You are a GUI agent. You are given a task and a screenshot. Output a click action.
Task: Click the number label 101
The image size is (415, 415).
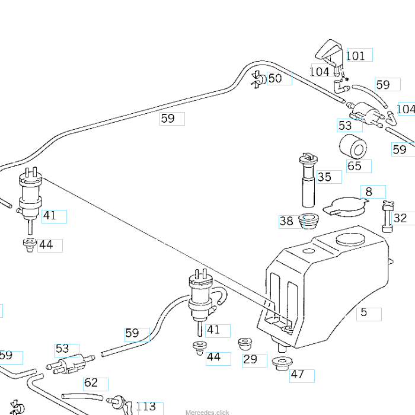click(356, 56)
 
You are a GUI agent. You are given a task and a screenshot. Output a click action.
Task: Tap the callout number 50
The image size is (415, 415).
click(275, 78)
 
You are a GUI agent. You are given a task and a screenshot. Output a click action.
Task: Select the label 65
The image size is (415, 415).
click(355, 166)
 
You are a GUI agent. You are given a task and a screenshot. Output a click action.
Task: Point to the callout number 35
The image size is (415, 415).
click(324, 177)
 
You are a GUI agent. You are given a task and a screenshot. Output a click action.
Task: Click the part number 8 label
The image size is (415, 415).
click(369, 191)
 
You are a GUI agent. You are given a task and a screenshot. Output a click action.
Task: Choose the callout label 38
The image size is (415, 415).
click(286, 222)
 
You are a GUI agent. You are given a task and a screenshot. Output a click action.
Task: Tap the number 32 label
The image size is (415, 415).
click(400, 218)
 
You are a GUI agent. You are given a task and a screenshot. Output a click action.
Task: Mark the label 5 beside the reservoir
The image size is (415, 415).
click(364, 312)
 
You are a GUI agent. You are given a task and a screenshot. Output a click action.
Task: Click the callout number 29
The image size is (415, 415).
click(250, 359)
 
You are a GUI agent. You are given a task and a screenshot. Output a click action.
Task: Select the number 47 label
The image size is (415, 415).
click(297, 375)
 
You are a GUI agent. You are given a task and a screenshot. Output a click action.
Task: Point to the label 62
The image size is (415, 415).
click(91, 383)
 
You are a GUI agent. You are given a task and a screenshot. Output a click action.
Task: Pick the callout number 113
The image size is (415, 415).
click(146, 407)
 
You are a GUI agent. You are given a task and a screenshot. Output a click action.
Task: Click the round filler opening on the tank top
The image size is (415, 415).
click(350, 241)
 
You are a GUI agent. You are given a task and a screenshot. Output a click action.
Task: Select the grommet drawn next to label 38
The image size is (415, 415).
click(308, 221)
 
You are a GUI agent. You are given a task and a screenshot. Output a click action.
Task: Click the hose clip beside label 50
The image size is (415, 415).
click(258, 79)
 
